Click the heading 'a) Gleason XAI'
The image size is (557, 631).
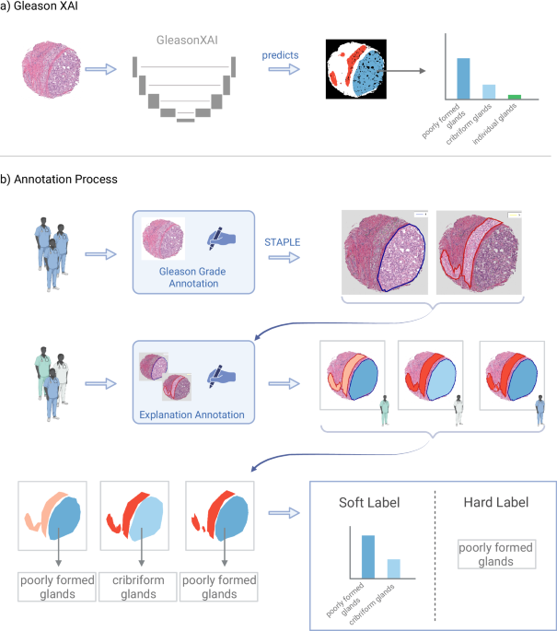pyautogui.click(x=42, y=9)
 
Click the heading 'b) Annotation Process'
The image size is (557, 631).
pyautogui.click(x=59, y=179)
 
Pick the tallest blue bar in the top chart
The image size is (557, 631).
pyautogui.click(x=463, y=77)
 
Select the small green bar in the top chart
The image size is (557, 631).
pyautogui.click(x=515, y=96)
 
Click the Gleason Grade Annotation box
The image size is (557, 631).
pyautogui.click(x=191, y=251)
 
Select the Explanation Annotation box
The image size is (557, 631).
pyautogui.click(x=191, y=383)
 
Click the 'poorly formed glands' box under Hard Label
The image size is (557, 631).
pyautogui.click(x=495, y=555)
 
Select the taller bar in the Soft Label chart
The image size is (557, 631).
pyautogui.click(x=368, y=555)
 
